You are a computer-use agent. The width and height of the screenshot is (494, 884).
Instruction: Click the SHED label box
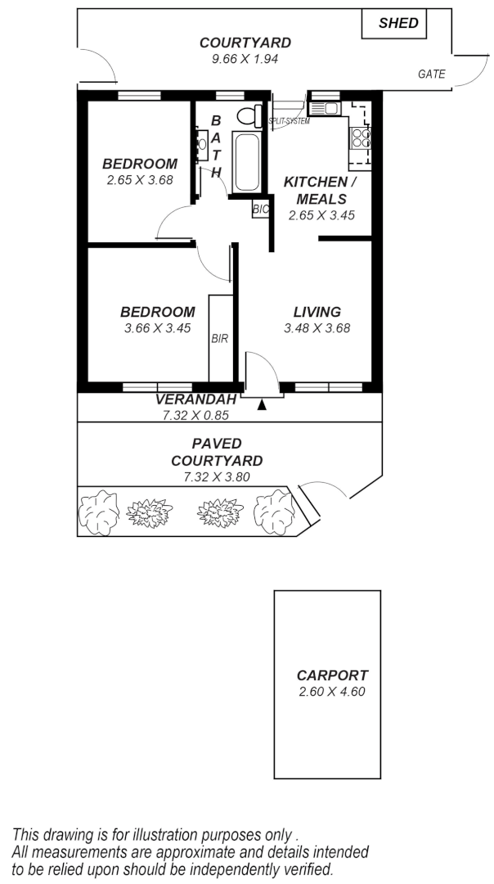[397, 24]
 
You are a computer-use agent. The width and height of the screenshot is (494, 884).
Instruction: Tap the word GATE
[431, 74]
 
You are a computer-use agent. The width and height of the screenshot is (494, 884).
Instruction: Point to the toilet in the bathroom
[249, 115]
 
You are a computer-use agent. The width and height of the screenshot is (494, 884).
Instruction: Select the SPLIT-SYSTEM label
[289, 121]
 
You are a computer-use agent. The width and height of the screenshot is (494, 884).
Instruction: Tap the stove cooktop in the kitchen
[362, 138]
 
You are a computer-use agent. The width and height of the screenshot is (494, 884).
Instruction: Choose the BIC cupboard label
[260, 210]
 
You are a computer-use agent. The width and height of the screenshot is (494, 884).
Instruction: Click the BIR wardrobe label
[219, 338]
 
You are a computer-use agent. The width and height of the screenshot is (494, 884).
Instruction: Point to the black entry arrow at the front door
[262, 404]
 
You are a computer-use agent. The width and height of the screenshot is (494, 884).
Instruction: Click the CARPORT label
[332, 676]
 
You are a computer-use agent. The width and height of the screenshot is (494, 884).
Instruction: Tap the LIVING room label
[317, 312]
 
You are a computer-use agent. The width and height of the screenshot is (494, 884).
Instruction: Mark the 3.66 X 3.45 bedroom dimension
[157, 328]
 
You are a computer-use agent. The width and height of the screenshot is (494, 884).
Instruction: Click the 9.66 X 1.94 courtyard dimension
[245, 59]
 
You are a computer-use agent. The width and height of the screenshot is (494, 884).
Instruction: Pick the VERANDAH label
[195, 399]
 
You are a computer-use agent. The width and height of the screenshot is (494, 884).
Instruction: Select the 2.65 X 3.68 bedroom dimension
[139, 180]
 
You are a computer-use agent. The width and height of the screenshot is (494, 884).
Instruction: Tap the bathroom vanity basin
[201, 145]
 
